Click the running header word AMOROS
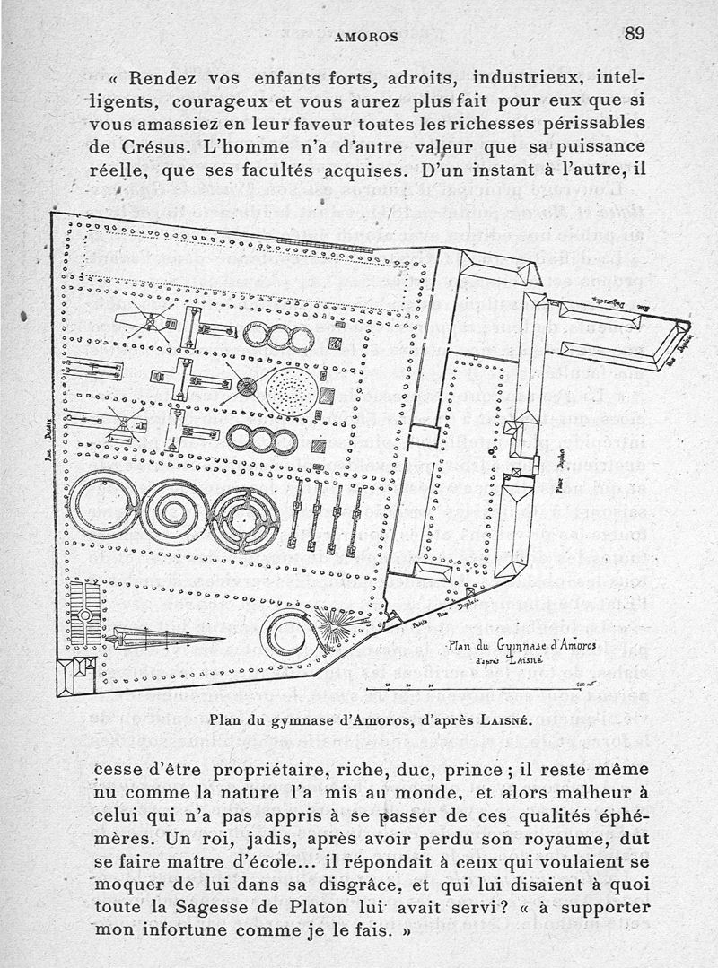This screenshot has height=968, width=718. [x=365, y=37]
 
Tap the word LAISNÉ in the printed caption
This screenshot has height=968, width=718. [x=495, y=719]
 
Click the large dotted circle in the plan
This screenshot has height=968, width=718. [x=290, y=388]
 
